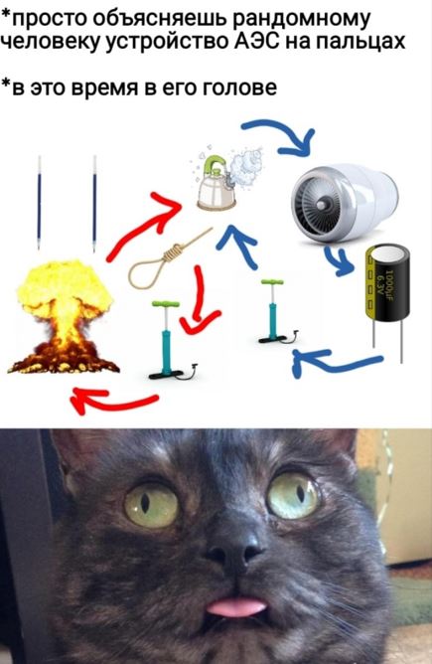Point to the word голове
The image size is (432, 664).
240,86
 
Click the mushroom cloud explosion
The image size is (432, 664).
64,317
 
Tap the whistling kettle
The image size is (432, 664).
216,185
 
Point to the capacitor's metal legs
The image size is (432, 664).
387,339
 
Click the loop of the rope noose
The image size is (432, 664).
147,272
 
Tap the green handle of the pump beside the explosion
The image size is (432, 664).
166,304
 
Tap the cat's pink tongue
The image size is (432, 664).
235,606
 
